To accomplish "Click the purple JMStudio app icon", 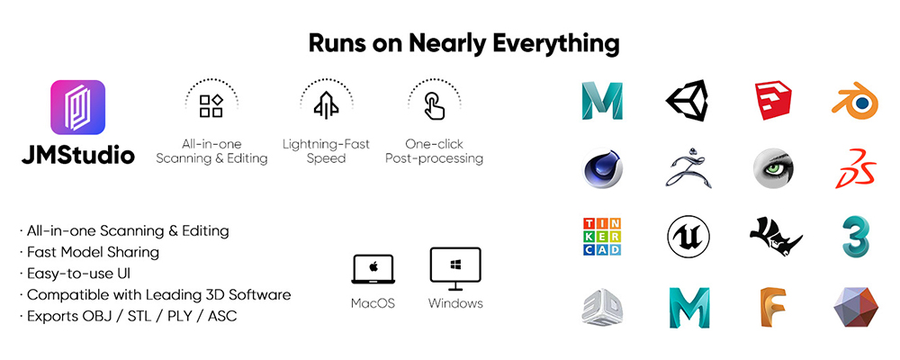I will coord(78,108).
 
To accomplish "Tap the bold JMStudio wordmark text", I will coord(78,155).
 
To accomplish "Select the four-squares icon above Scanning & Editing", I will coord(211,106).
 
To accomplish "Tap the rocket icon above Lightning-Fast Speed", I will coord(326,106).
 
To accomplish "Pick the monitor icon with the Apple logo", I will coord(373,268).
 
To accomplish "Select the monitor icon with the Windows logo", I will coord(455,267).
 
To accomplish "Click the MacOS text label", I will coord(373,303).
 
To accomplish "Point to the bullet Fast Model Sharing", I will coord(94,252).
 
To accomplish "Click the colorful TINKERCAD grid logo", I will coord(601,237).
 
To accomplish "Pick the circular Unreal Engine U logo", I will coord(688,237).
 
